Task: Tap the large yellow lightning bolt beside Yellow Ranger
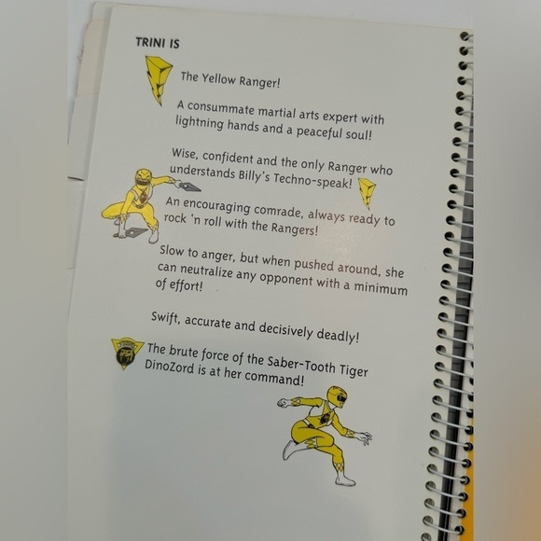(158, 79)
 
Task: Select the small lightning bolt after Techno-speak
(367, 192)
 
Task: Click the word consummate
(220, 109)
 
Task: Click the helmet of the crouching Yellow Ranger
(144, 177)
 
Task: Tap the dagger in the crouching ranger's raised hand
(189, 187)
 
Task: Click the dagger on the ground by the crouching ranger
(135, 232)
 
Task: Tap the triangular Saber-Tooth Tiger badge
(126, 353)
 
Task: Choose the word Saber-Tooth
(301, 364)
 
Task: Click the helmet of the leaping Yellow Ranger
(336, 396)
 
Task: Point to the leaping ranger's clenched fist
(284, 402)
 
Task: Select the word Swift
(166, 318)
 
